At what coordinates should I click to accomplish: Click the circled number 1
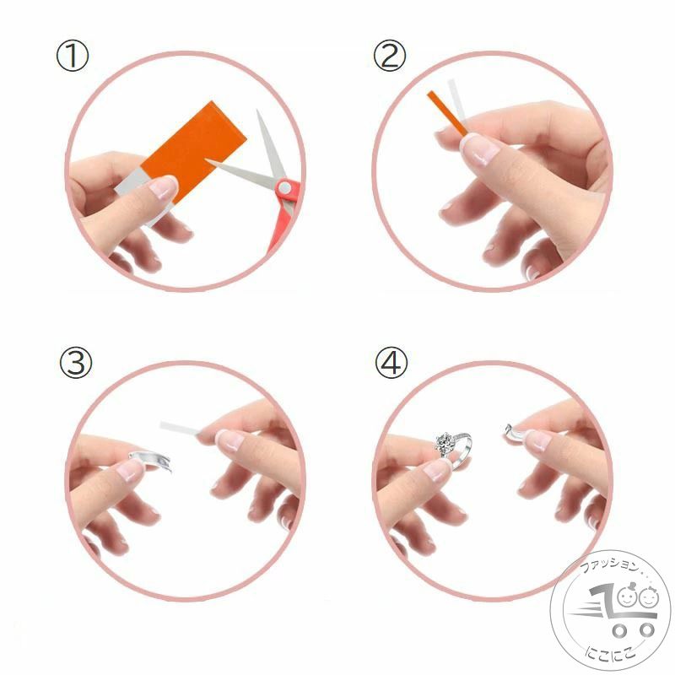coord(73,57)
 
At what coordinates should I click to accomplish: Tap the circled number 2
coord(390,57)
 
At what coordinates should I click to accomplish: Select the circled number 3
coord(76,363)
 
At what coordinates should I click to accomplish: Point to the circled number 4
coord(391,363)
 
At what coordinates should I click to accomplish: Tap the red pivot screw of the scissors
coord(284,187)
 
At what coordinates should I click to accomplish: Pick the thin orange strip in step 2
coord(447,113)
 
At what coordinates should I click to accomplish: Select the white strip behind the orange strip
coord(456,100)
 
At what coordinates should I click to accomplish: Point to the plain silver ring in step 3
coord(151,460)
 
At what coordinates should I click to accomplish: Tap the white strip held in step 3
coord(180,429)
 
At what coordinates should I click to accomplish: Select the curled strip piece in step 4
coord(512,434)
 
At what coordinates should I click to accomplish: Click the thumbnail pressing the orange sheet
coord(163,187)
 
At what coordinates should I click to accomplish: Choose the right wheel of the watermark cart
coord(646,630)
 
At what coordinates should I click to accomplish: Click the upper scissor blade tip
coord(257,111)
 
